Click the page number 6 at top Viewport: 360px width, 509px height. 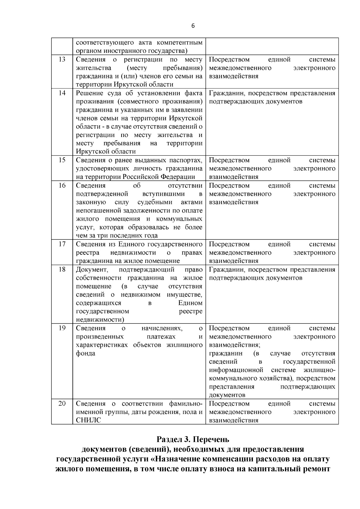[193, 26]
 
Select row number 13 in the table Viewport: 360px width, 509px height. [62, 59]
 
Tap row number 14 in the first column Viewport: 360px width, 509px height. [62, 93]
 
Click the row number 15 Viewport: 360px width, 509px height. [62, 160]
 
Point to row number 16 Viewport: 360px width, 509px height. [62, 185]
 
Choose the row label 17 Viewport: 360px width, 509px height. [62, 244]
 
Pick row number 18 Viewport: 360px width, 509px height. [62, 269]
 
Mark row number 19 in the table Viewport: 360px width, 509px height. [62, 328]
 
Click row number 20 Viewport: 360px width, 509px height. [62, 403]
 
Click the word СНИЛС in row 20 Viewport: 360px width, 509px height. [88, 420]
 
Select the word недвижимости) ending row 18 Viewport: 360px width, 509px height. [100, 320]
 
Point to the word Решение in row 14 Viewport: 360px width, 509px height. [90, 93]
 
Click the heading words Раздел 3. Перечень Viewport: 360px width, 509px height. [193, 439]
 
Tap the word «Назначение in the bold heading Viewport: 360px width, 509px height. [185, 459]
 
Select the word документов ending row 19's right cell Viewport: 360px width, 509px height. [227, 395]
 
